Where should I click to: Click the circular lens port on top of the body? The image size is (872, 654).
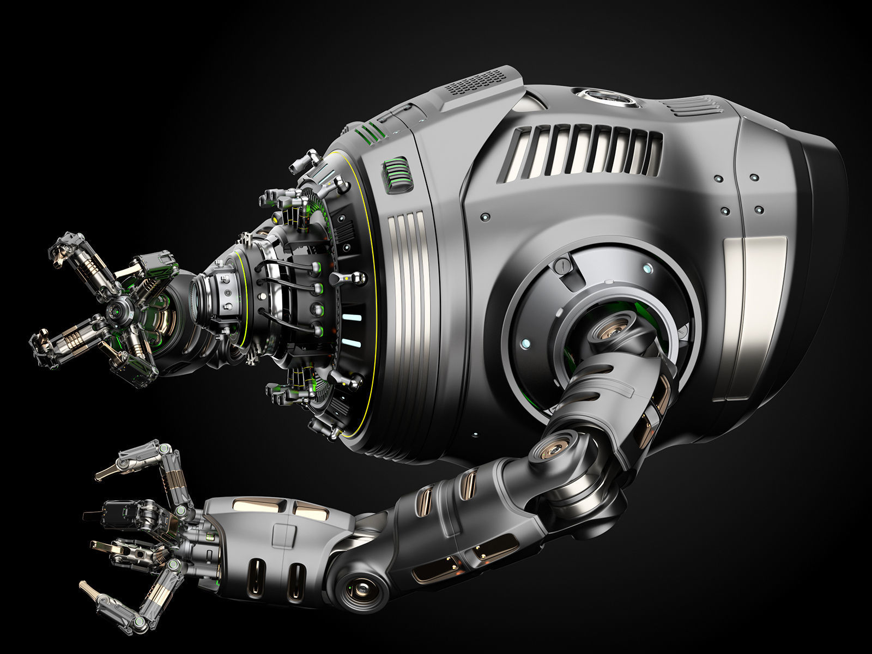606,99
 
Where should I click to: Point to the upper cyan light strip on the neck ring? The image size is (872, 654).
352,317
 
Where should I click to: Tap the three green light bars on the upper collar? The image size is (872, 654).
368,131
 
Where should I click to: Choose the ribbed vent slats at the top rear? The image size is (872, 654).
691,105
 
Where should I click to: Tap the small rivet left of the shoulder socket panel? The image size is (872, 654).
483,217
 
